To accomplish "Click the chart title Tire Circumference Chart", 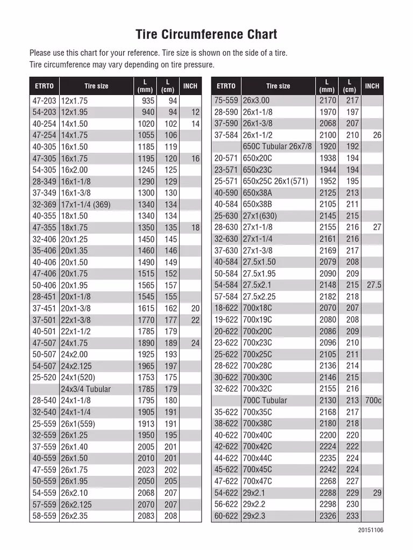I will point(206,35).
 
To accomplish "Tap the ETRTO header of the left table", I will point(44,86).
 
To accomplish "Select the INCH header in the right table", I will point(372,86).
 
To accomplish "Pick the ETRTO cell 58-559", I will point(44,516).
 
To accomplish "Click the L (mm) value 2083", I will point(146,516).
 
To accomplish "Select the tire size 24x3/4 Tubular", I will point(86,389).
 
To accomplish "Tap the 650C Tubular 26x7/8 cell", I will point(277,147).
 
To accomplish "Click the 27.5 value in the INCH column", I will point(374,285).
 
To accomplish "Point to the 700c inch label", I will point(373,400).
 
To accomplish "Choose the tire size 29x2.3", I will point(254,516).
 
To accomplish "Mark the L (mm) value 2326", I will point(327,516).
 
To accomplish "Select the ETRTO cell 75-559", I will point(226,101).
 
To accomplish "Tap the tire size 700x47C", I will point(258,481).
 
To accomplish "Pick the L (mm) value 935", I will point(147,101).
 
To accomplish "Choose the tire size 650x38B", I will point(258,205).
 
